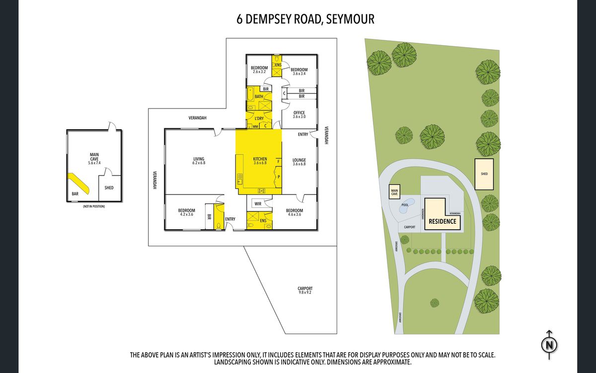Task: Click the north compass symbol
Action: pos(549,344)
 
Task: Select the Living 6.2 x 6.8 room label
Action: pos(199,161)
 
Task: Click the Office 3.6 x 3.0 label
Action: pos(299,114)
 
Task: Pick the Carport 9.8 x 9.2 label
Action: pos(305,290)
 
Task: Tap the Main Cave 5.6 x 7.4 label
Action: pos(94,159)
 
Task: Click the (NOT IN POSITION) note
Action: pos(94,205)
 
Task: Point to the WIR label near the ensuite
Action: pos(258,203)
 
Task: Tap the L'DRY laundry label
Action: pos(259,118)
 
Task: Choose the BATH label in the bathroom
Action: pos(259,96)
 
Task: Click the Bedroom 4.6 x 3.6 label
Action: pos(294,212)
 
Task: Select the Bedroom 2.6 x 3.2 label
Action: pos(259,70)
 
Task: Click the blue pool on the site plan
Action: pos(406,207)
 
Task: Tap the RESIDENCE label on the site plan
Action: pos(442,221)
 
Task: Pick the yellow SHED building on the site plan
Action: pos(484,174)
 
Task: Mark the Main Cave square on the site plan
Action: pos(395,191)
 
